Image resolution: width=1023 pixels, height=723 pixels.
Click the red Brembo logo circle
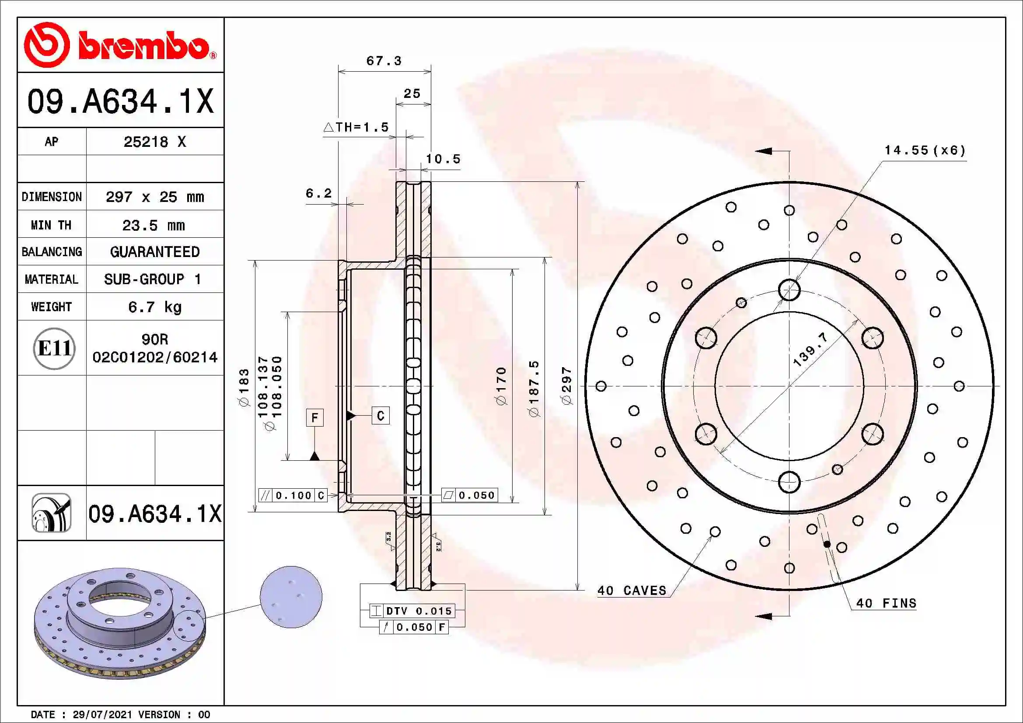[x=46, y=45]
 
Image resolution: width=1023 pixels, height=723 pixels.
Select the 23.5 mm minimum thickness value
[x=153, y=226]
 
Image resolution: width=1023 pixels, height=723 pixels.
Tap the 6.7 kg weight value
[x=154, y=307]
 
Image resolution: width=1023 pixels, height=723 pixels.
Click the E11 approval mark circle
[x=54, y=348]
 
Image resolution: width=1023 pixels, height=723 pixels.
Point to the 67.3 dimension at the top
[x=384, y=61]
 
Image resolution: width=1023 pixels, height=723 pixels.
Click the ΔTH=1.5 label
[x=356, y=127]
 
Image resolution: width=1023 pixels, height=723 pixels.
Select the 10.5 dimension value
[x=443, y=160]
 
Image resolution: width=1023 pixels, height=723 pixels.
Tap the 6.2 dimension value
[x=318, y=193]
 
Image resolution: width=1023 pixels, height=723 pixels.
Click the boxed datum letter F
[x=314, y=417]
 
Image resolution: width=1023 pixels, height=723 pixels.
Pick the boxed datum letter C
[x=381, y=415]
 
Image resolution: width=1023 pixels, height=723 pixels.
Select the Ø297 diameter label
[x=566, y=386]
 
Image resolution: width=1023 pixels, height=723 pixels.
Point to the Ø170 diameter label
[x=501, y=386]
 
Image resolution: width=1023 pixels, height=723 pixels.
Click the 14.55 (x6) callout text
[x=925, y=150]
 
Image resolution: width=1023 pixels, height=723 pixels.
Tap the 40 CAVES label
[x=632, y=591]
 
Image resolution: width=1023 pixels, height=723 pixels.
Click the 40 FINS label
[x=886, y=603]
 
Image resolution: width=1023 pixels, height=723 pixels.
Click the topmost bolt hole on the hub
[x=789, y=290]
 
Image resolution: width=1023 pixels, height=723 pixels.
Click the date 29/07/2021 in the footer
[x=102, y=715]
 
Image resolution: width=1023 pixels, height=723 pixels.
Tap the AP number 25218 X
[x=154, y=142]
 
